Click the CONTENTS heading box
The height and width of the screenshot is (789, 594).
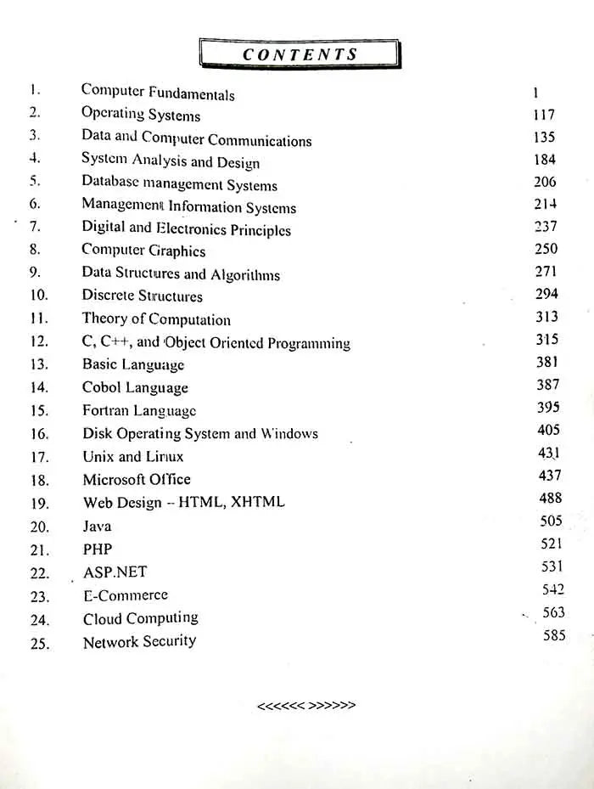(x=300, y=54)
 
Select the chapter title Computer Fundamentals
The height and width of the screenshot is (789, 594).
(x=158, y=93)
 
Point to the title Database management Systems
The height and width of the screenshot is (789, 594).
(x=179, y=183)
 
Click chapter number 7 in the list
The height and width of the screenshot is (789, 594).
(x=35, y=227)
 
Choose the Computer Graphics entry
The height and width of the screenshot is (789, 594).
(x=143, y=251)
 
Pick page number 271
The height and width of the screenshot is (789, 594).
(x=546, y=272)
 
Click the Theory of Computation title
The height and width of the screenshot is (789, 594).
(x=156, y=319)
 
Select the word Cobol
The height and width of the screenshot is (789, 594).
(x=101, y=388)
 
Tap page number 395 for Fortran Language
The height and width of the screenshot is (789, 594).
(x=548, y=408)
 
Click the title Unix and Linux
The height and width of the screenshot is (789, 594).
(x=133, y=457)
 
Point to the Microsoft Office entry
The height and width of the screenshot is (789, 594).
(x=137, y=480)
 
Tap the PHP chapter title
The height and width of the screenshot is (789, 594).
(x=98, y=549)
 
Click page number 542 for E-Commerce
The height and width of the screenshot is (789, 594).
(x=552, y=589)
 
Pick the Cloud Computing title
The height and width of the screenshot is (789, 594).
(x=141, y=618)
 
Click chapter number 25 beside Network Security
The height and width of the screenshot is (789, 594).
(x=40, y=644)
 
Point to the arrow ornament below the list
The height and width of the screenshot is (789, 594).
(x=305, y=705)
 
